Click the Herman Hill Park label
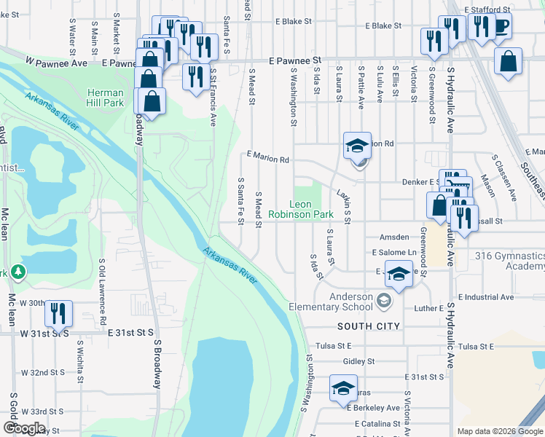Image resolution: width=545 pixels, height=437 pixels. [x=106, y=98]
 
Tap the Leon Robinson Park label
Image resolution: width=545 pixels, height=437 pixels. [x=301, y=210]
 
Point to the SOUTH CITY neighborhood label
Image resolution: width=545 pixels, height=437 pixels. [x=368, y=326]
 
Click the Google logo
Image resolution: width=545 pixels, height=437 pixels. [x=24, y=428]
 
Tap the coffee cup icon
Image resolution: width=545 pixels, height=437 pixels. [x=501, y=26]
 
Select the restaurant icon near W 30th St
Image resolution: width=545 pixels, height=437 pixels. [x=58, y=314]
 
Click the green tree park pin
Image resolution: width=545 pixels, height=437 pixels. [x=18, y=272]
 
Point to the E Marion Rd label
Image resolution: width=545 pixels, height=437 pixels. [x=268, y=157]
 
